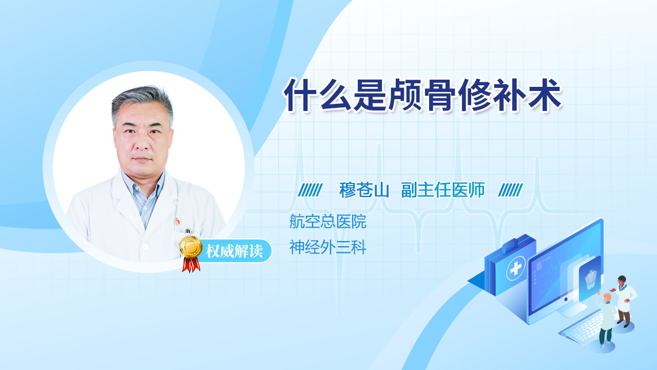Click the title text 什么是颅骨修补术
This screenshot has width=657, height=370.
(422, 95)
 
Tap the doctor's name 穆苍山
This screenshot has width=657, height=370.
(364, 190)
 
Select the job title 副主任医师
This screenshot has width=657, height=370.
(443, 190)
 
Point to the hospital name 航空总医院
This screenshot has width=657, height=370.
(327, 221)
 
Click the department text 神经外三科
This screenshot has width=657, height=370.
(327, 247)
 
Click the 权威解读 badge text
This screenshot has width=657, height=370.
(235, 251)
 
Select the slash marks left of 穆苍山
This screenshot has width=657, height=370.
(310, 190)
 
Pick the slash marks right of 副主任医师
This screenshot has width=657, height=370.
(510, 190)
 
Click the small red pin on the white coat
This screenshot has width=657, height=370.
(177, 221)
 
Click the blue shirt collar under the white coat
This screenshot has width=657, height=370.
(144, 194)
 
